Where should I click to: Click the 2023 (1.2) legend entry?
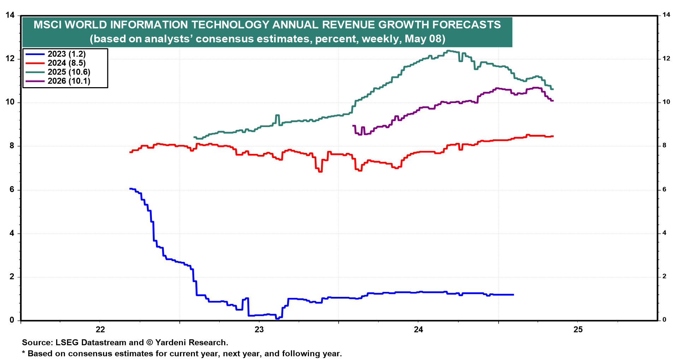[x=66, y=54]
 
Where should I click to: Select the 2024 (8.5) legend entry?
[x=66, y=63]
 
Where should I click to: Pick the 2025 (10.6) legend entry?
[x=69, y=72]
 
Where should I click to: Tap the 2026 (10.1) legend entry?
[x=69, y=81]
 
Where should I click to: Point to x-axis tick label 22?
[x=100, y=330]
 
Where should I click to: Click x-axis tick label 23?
[x=259, y=330]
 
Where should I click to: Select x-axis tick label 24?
[x=418, y=330]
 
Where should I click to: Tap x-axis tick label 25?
[x=578, y=330]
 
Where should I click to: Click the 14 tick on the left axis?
[x=10, y=15]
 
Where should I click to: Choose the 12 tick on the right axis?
[x=666, y=59]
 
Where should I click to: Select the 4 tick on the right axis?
[x=665, y=233]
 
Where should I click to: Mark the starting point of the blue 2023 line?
[x=130, y=189]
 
